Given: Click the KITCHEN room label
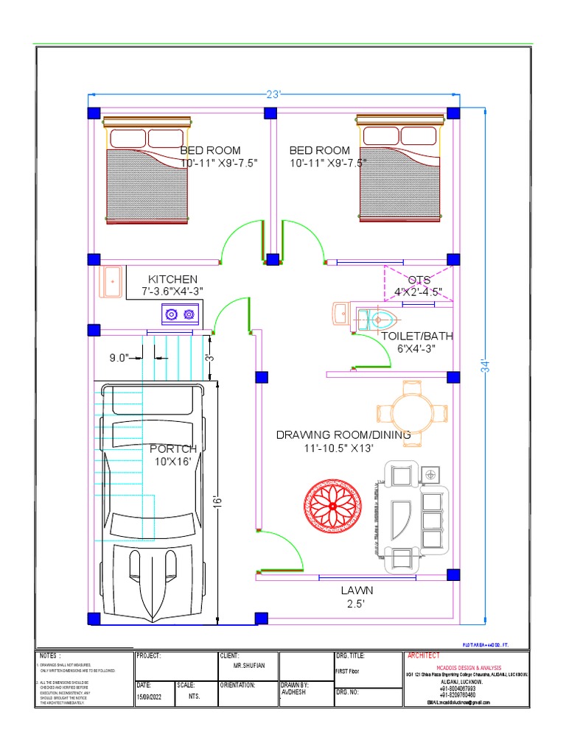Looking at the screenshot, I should click(x=172, y=279).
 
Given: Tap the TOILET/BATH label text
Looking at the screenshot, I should click(x=417, y=336).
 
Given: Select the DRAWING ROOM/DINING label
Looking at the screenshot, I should click(x=343, y=434).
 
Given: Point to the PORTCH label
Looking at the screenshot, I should click(x=173, y=448).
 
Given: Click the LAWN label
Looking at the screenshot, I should click(x=357, y=590).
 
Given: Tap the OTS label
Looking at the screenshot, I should click(x=419, y=280).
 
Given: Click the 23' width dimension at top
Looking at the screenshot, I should click(x=274, y=94).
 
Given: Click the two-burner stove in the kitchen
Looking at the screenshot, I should click(x=181, y=314).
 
